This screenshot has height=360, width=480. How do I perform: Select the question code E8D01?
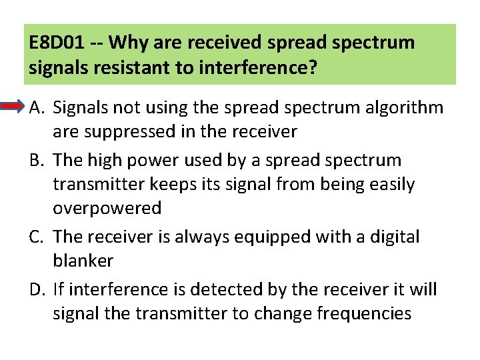coord(57,43)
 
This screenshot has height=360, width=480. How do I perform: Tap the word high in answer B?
coord(105,161)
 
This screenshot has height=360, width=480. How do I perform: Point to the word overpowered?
coord(107,209)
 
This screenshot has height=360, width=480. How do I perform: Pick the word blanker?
coord(83,261)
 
